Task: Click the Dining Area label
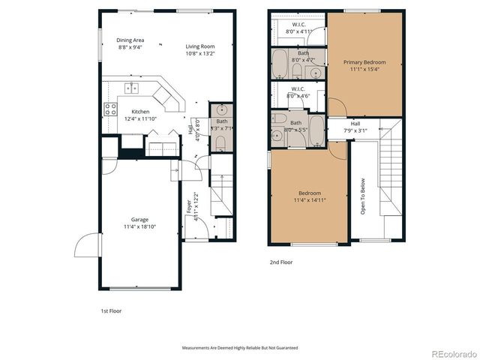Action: (130, 40)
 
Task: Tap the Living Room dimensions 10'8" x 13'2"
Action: (200, 54)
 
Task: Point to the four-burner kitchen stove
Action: (107, 110)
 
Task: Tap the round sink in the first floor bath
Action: (220, 109)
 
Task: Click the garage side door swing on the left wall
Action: (85, 244)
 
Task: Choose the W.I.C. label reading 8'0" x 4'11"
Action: (298, 28)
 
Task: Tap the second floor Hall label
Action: (355, 124)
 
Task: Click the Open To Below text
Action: (364, 197)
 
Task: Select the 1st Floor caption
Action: (111, 310)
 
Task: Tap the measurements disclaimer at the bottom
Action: (239, 348)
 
